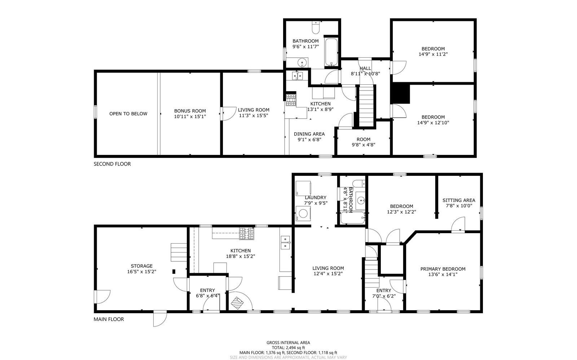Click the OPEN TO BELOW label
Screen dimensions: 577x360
[128, 114]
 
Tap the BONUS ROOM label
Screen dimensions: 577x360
[190, 111]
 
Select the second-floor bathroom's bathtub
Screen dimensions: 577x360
[331, 52]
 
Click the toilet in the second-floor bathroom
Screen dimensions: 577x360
[316, 27]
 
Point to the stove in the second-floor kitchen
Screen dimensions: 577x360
[291, 100]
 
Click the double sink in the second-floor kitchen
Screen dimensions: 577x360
[298, 76]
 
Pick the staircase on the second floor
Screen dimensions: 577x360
[366, 106]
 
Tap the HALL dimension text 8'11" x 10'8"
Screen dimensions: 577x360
[365, 74]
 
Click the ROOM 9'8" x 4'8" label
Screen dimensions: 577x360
[364, 142]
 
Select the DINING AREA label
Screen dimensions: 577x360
[309, 134]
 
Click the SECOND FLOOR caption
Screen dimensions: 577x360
[112, 164]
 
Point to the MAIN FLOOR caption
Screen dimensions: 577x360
[109, 319]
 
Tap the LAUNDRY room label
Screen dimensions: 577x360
[316, 197]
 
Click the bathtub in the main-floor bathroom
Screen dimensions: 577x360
[353, 218]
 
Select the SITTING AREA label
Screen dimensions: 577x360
[459, 200]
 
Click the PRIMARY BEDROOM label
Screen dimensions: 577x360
[443, 269]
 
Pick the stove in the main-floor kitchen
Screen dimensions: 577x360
[247, 234]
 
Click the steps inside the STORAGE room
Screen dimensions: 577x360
[179, 253]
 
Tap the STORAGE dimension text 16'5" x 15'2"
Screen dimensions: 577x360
[142, 271]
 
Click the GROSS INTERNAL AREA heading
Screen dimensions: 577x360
[288, 343]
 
